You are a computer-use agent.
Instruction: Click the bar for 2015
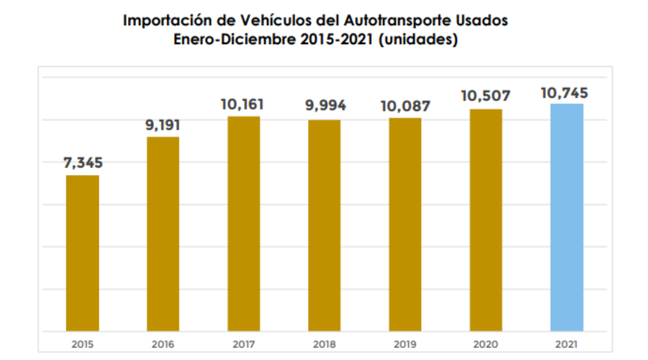pos(82,253)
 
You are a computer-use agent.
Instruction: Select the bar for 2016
pos(163,234)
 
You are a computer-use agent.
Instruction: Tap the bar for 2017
pos(244,224)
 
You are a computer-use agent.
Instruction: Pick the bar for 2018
pos(324,225)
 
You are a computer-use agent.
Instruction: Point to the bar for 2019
pos(405,224)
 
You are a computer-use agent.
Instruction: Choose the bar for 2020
pos(486,220)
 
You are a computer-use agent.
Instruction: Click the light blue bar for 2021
pos(566,217)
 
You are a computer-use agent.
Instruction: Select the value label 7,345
pos(83,163)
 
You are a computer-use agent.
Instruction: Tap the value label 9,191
pos(162,125)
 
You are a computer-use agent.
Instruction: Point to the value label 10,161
pos(242,105)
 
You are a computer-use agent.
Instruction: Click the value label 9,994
pos(325,106)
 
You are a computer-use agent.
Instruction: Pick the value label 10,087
pos(405,106)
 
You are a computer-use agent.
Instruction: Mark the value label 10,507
pos(486,96)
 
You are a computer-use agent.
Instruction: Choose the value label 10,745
pos(564,93)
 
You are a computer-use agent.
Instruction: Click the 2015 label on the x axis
pos(82,344)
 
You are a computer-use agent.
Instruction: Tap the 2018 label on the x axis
pos(324,344)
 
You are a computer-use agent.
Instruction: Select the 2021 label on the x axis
pos(566,344)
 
